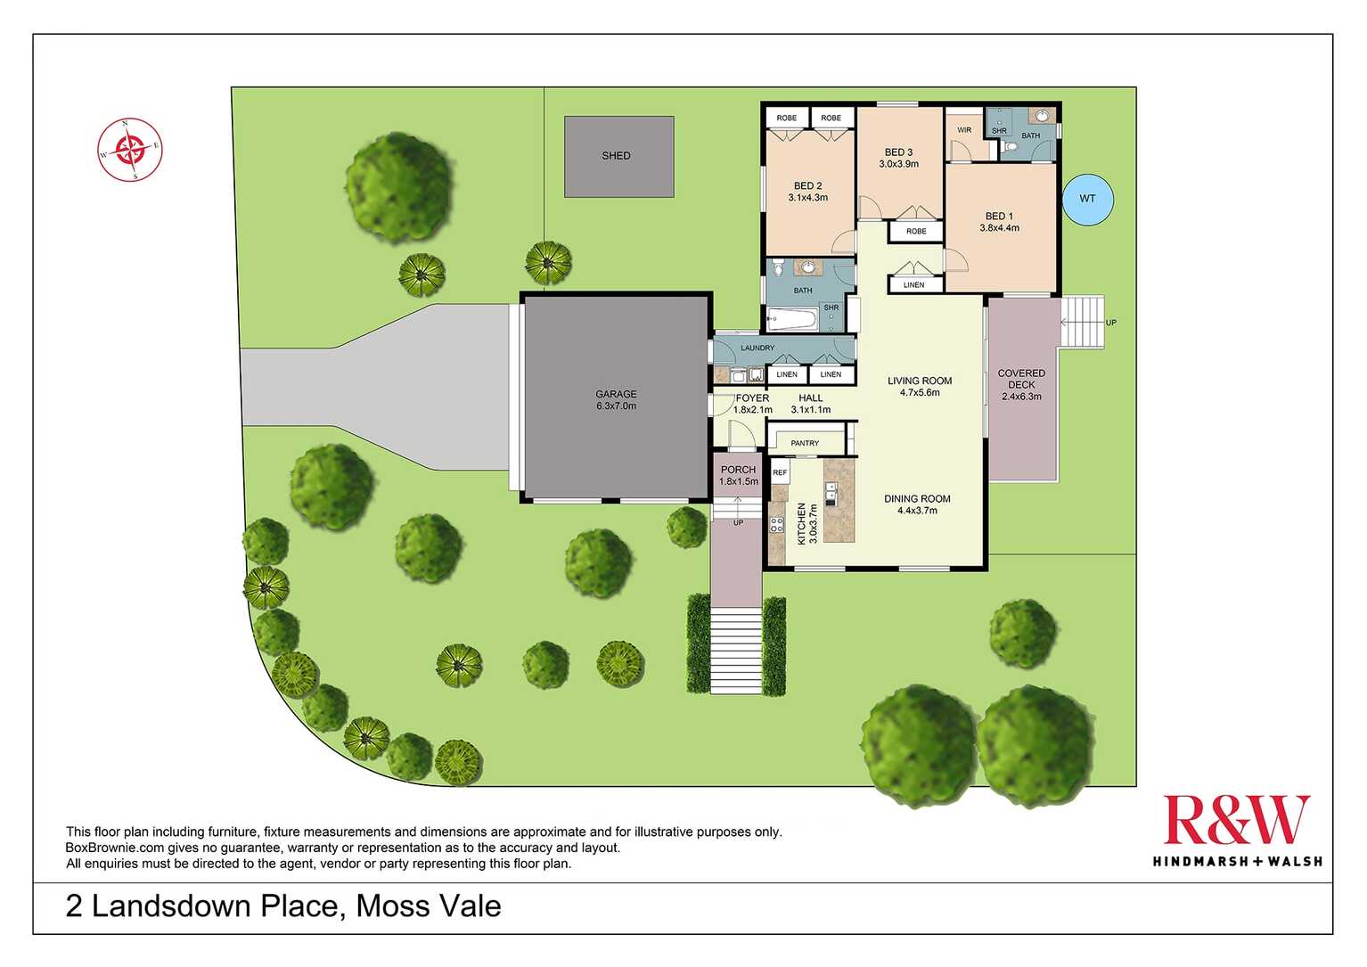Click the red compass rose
point(130,149)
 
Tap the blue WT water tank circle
point(1087,198)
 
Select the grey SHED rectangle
point(618,157)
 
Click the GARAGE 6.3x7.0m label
point(616,399)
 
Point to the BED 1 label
point(999,222)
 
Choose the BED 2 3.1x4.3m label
point(807,192)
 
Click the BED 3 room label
point(898,158)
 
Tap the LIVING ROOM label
point(920,386)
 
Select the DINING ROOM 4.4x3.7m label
point(917,504)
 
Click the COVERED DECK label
point(1021,384)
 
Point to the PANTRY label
point(805,443)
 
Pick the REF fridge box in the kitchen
point(780,472)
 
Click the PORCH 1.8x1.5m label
point(738,475)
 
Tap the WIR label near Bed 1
point(964,130)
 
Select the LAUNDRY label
point(757,348)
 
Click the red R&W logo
point(1236,820)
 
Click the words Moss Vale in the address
point(429,906)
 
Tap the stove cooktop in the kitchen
point(777,524)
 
